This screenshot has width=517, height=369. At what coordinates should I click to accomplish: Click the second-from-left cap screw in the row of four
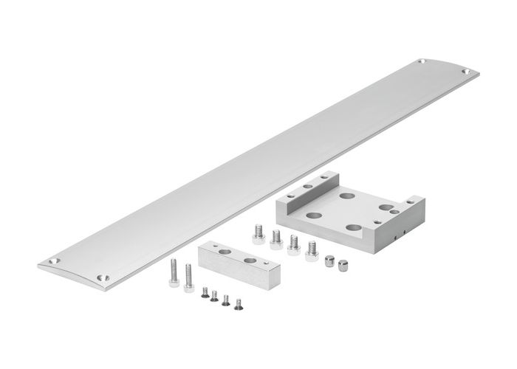pyautogui.click(x=277, y=237)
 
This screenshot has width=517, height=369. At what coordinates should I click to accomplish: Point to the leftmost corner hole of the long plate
pyautogui.click(x=51, y=261)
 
